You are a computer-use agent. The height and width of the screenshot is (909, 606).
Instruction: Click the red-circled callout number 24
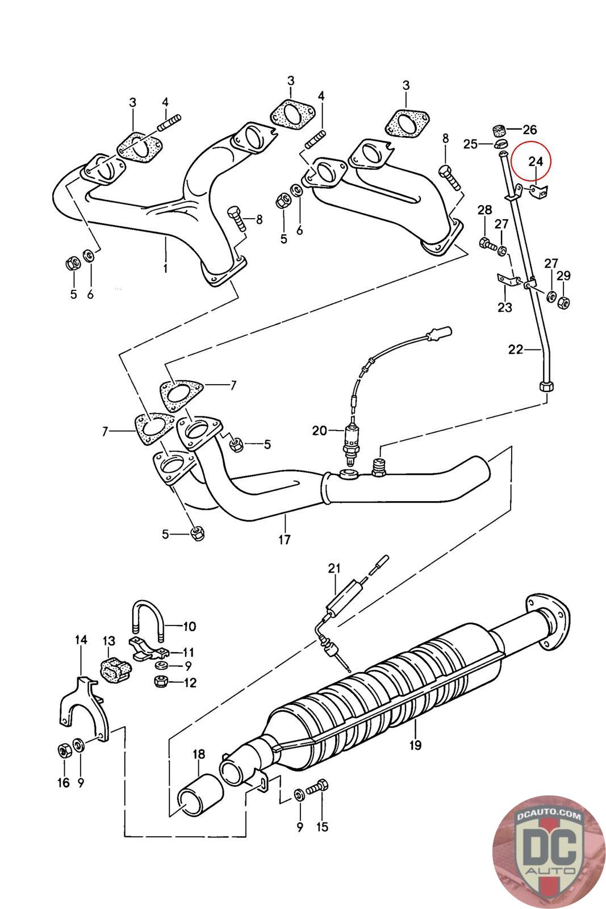(x=535, y=161)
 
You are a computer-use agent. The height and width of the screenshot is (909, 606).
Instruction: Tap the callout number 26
(x=529, y=130)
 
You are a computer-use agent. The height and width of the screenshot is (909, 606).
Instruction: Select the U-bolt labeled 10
(x=147, y=622)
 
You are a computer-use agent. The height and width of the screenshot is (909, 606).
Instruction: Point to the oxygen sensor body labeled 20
(x=350, y=443)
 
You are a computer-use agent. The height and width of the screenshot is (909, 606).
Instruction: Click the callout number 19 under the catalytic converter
(x=415, y=745)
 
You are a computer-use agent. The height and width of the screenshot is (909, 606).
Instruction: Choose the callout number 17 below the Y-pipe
(x=285, y=539)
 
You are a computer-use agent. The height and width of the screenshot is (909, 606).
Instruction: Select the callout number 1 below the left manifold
(x=165, y=268)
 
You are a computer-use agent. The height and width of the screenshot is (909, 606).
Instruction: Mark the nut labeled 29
(x=563, y=302)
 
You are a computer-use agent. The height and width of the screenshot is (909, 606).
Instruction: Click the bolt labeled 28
(x=487, y=244)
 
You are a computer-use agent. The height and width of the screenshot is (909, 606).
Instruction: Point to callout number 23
(x=504, y=307)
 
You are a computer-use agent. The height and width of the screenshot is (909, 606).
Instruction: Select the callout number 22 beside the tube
(x=516, y=349)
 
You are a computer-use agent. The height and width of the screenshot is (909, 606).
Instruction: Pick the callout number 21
(x=334, y=569)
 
